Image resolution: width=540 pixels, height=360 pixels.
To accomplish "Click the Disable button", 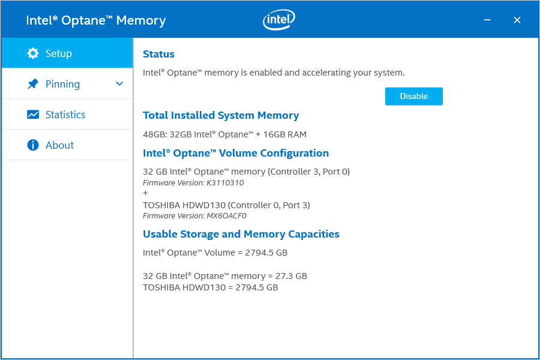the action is (x=413, y=96).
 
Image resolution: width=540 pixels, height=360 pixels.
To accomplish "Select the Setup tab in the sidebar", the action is (x=67, y=53).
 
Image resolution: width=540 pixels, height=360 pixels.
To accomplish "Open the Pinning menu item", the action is (x=67, y=84).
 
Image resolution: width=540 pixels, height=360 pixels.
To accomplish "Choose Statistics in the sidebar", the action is (x=67, y=115).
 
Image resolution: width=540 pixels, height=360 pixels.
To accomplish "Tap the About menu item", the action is (x=67, y=145).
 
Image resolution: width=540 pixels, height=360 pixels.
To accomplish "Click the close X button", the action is (x=517, y=20).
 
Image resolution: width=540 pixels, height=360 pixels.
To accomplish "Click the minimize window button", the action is (x=487, y=20).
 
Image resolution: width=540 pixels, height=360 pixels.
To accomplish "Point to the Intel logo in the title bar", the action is (x=279, y=19).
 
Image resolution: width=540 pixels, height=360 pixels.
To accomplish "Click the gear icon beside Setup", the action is (x=33, y=53).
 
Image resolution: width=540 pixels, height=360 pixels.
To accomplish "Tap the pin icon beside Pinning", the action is (x=33, y=84).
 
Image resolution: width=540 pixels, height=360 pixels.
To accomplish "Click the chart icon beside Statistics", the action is (x=33, y=115).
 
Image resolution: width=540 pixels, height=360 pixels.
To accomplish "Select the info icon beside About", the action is (x=33, y=145).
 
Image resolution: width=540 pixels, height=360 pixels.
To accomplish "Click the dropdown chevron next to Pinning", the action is (x=119, y=84).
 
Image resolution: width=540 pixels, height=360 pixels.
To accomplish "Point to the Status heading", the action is (x=158, y=54).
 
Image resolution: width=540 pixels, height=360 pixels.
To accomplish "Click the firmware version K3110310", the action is (x=225, y=182).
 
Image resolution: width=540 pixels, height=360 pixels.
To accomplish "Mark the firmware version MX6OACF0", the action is (x=227, y=215).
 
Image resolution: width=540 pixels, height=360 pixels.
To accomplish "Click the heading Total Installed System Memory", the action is (x=221, y=115).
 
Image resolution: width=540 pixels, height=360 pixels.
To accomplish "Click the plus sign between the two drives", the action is (x=145, y=193).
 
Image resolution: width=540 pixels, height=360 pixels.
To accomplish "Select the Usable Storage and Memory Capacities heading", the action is (x=241, y=234).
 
